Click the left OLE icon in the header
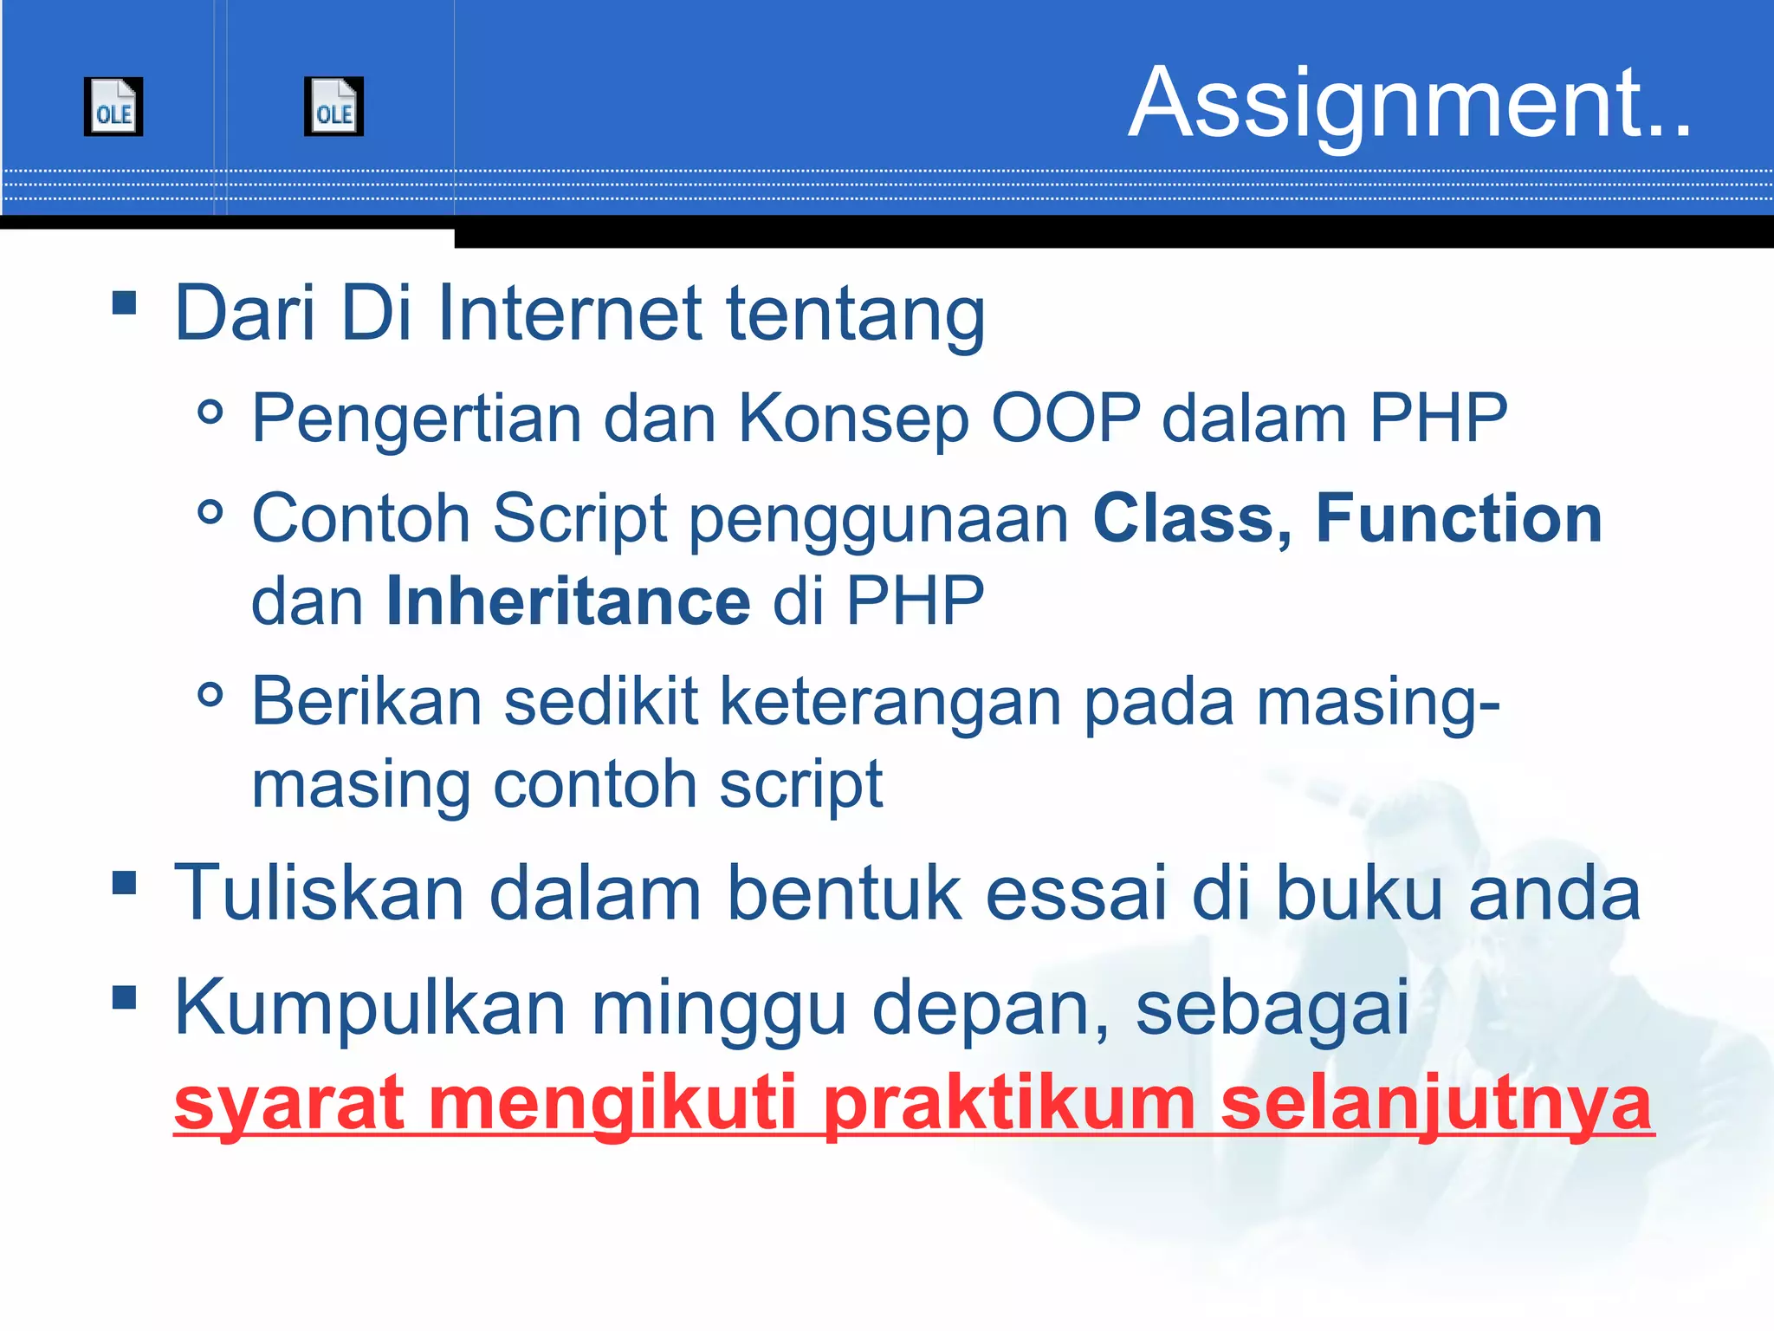(x=113, y=107)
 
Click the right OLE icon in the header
(x=333, y=107)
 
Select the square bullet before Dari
(x=125, y=302)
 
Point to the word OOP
(x=1065, y=419)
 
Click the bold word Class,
(x=1192, y=518)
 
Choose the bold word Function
(x=1459, y=518)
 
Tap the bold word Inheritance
(x=568, y=601)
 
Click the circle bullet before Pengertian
(x=210, y=412)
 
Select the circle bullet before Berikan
(x=210, y=694)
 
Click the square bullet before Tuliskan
(x=125, y=883)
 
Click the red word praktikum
(x=1010, y=1104)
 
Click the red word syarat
(x=289, y=1104)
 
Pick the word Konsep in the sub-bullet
(x=852, y=419)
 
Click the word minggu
(x=718, y=1007)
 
